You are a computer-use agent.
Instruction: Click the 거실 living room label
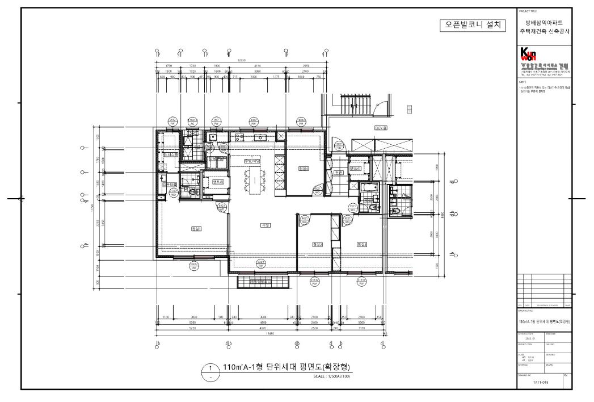pyautogui.click(x=264, y=225)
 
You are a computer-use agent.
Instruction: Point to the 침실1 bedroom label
pyautogui.click(x=197, y=229)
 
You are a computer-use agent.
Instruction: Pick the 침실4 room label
pyautogui.click(x=303, y=169)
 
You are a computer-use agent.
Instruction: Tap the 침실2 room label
pyautogui.click(x=317, y=244)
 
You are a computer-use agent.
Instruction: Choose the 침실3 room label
pyautogui.click(x=361, y=244)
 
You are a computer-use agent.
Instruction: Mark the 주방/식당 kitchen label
pyautogui.click(x=252, y=161)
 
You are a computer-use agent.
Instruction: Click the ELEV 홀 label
pyautogui.click(x=380, y=128)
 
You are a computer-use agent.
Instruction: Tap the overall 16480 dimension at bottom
pyautogui.click(x=271, y=334)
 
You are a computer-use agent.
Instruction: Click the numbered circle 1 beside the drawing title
pyautogui.click(x=211, y=368)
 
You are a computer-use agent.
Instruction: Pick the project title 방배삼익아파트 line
pyautogui.click(x=544, y=23)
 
